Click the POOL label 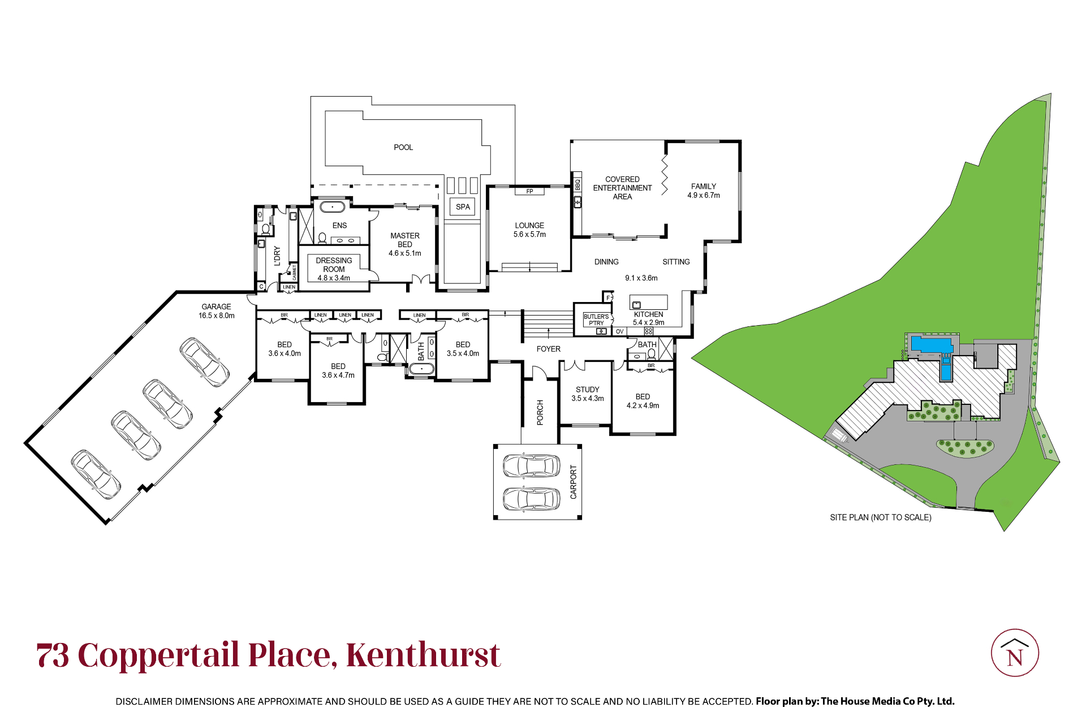403,148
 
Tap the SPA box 463,207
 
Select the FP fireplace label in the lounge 529,191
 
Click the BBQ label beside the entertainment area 578,184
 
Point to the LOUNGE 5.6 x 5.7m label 529,230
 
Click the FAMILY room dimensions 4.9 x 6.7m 704,196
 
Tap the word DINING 606,262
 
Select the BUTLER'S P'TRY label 596,320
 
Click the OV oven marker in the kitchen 619,331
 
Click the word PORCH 540,413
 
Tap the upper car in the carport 531,466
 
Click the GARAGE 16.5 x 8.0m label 217,311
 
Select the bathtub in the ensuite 332,207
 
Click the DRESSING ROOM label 334,269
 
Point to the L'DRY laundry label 277,256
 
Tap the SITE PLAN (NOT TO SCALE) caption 881,517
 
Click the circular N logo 1015,653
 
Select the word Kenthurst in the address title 423,655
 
